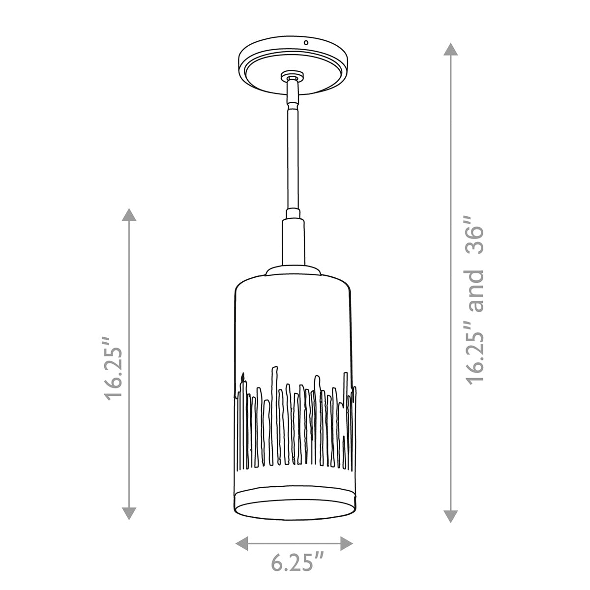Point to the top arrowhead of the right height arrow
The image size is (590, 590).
pos(451,49)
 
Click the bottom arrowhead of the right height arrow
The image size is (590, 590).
pos(451,517)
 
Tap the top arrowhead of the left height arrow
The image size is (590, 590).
pos(129,215)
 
